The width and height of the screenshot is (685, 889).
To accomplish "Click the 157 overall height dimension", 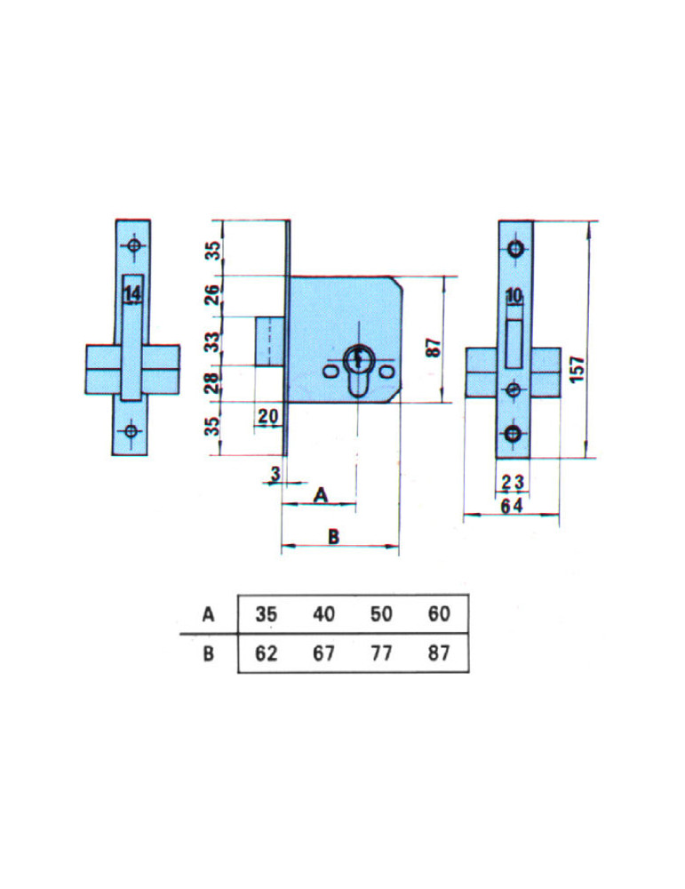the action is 577,369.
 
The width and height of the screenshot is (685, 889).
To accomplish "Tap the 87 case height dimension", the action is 433,347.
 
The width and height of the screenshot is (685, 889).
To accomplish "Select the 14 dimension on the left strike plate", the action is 132,294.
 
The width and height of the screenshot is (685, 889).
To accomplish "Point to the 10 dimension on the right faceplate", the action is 514,296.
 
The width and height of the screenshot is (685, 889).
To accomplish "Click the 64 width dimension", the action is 512,506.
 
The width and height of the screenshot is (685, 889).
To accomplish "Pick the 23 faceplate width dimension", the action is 513,483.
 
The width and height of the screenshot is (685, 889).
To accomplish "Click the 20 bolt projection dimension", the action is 268,416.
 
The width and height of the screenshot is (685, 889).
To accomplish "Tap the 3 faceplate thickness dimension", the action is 275,474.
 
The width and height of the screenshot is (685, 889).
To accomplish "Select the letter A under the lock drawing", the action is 321,495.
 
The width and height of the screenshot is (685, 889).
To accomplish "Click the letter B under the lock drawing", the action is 334,536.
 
